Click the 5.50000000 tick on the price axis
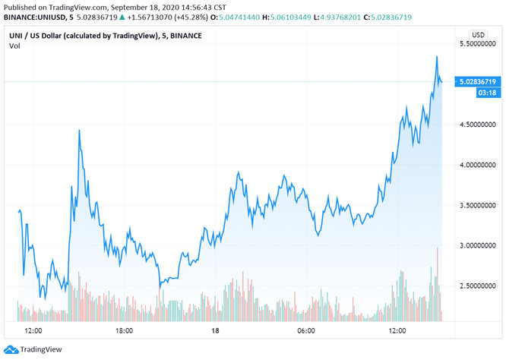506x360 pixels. [477, 46]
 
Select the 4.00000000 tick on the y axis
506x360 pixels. [477, 165]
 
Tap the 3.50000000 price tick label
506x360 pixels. [477, 205]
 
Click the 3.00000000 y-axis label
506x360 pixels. [477, 245]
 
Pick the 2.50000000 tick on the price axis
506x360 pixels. [477, 286]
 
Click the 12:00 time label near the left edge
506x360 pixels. [33, 330]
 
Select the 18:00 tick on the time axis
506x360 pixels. [124, 330]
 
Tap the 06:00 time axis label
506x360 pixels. [306, 330]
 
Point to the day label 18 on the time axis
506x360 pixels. [215, 330]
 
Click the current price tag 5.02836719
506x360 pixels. [477, 81]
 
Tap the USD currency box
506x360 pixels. [478, 35]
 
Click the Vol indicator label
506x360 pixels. [14, 47]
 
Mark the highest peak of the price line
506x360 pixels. [437, 57]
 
